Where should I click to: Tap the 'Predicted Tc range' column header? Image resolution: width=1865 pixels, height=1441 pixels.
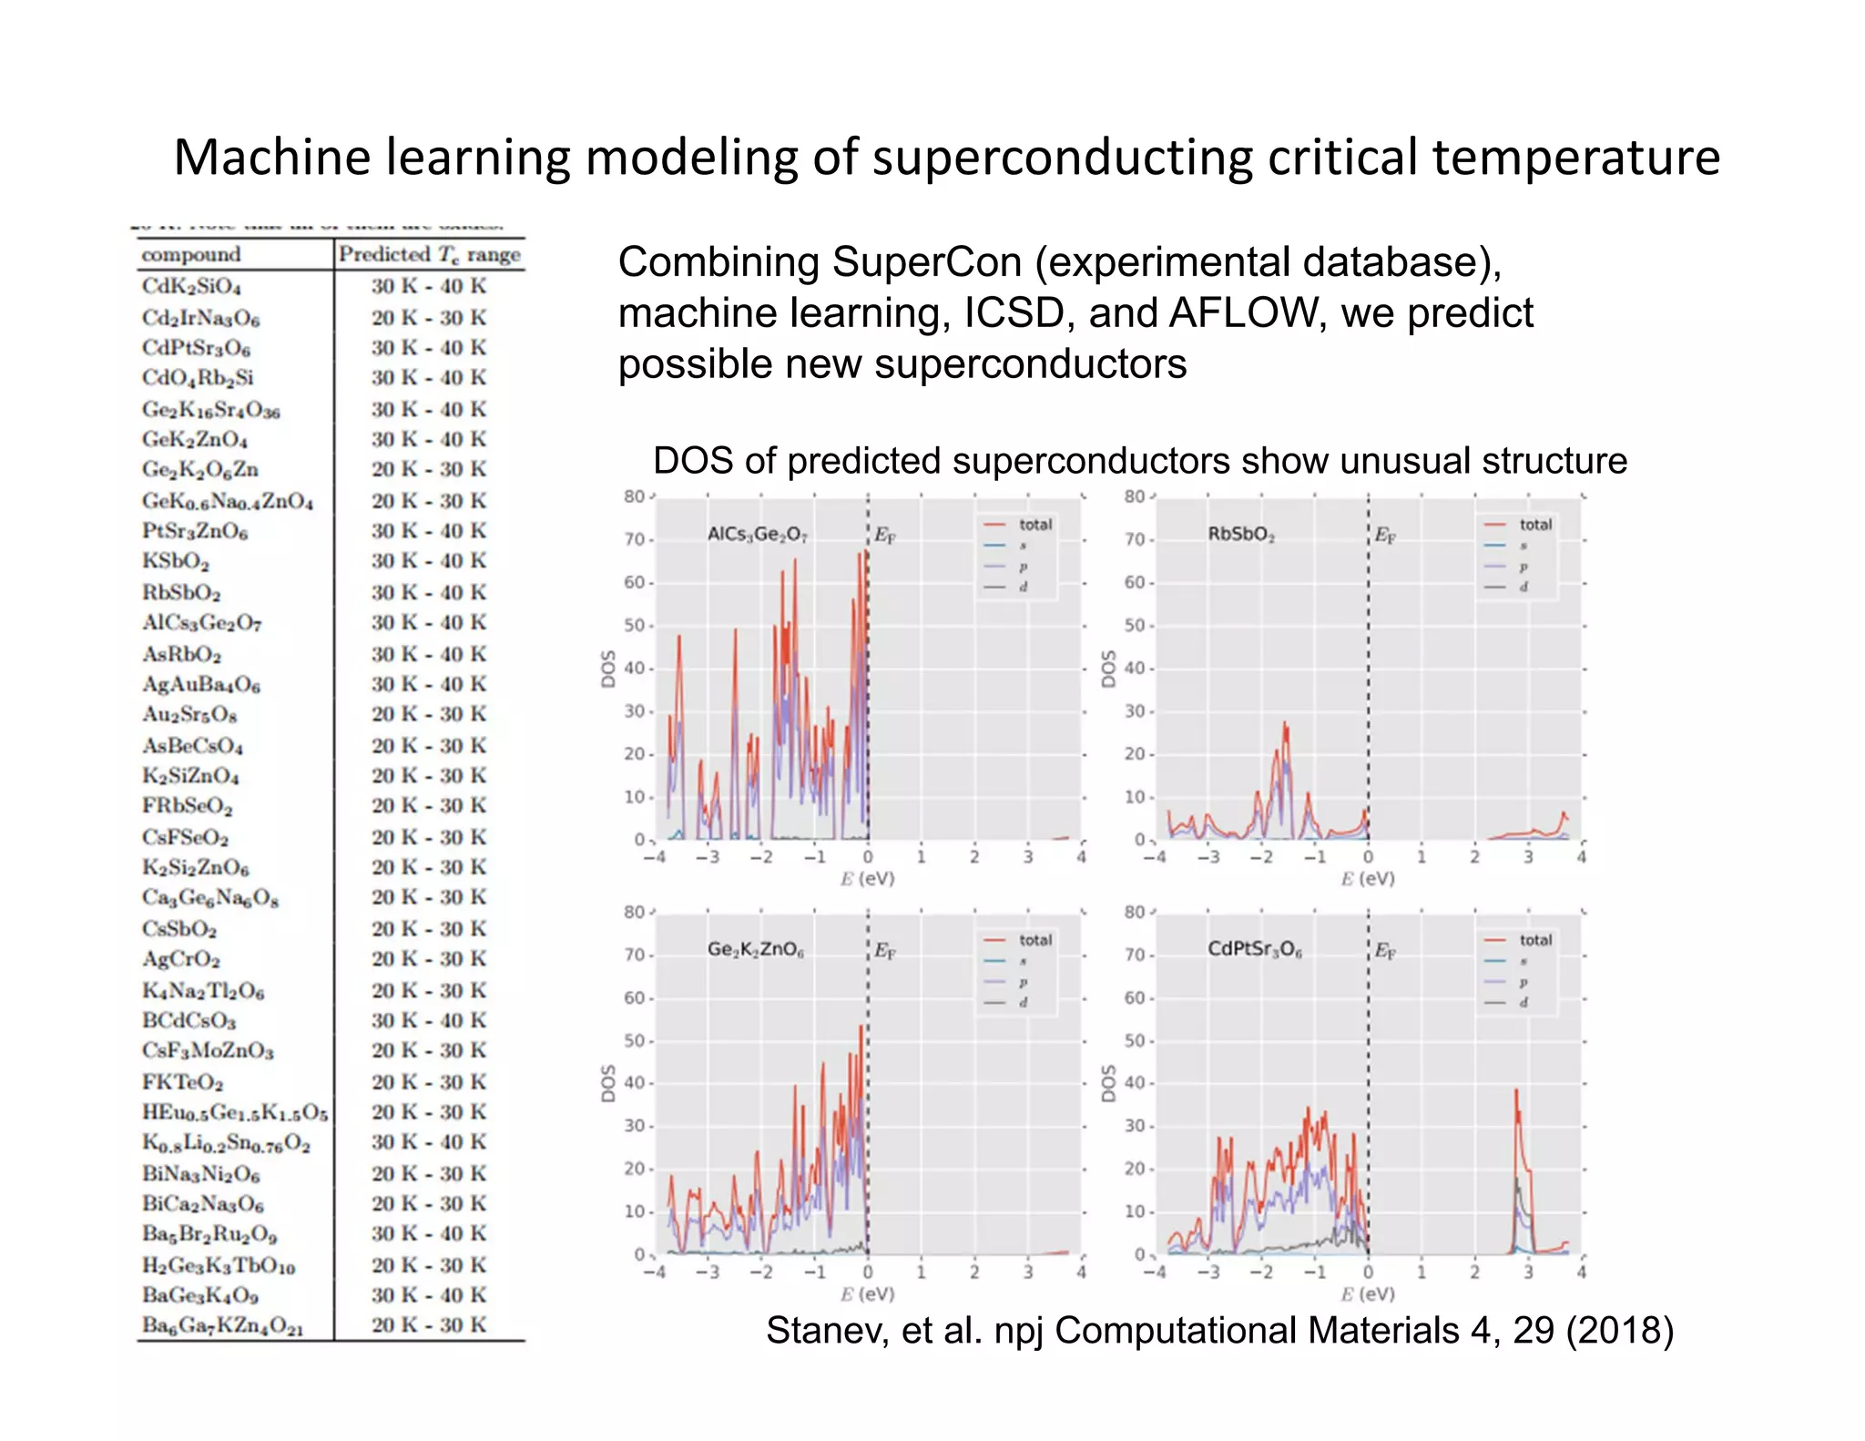coord(429,254)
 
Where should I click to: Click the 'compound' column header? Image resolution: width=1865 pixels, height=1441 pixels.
coord(190,254)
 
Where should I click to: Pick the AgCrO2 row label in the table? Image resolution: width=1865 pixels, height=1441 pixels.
coord(180,959)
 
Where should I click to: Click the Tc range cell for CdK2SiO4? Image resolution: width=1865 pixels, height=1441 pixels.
coord(429,286)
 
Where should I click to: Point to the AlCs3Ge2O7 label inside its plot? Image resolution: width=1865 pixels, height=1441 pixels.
coord(757,534)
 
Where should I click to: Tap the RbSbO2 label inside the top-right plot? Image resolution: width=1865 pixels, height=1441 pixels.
coord(1240,534)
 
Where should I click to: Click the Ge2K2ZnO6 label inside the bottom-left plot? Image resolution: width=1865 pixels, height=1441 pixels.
coord(755,949)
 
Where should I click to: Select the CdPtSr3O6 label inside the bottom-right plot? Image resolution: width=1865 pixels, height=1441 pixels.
coord(1254,949)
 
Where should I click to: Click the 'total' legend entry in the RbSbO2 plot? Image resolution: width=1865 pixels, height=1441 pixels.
coord(1534,525)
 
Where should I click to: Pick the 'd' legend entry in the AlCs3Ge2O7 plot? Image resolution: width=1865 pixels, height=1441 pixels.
coord(1023,587)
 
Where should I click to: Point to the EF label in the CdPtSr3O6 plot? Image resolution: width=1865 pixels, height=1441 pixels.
coord(1384,951)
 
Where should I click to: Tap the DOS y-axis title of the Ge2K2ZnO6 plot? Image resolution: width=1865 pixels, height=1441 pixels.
coord(608,1083)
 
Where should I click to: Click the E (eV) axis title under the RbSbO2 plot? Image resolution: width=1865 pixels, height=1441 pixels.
coord(1367,879)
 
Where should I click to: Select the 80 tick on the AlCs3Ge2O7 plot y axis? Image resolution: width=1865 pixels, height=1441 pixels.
coord(634,496)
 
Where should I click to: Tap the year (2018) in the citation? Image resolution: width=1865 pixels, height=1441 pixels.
coord(1619,1331)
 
